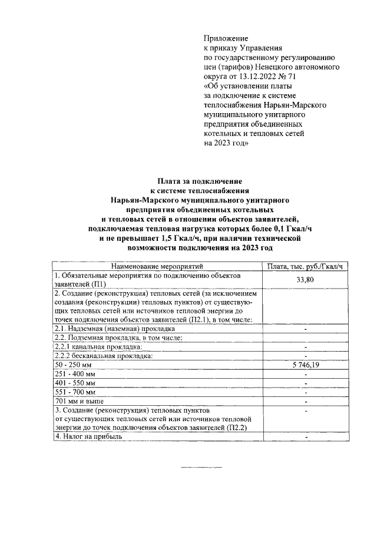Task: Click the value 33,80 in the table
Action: click(305, 280)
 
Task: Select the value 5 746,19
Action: click(305, 365)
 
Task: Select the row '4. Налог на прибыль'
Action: click(88, 437)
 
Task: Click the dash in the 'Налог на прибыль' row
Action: click(306, 438)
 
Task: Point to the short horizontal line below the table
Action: click(201, 468)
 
